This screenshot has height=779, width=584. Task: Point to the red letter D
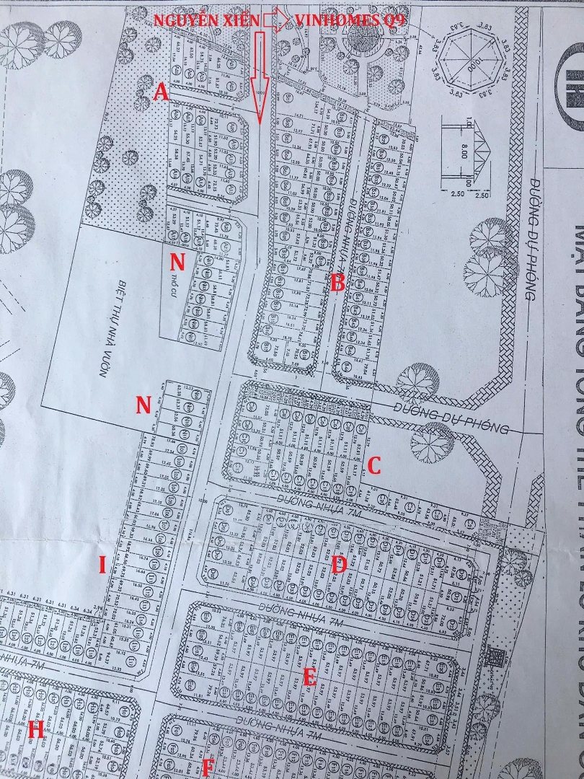pos(340,565)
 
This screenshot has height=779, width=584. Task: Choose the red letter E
pos(309,677)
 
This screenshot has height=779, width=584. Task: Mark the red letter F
pos(208,766)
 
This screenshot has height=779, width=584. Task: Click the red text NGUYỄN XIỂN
pos(205,21)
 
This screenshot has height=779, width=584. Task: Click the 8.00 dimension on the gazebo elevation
pos(465,152)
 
